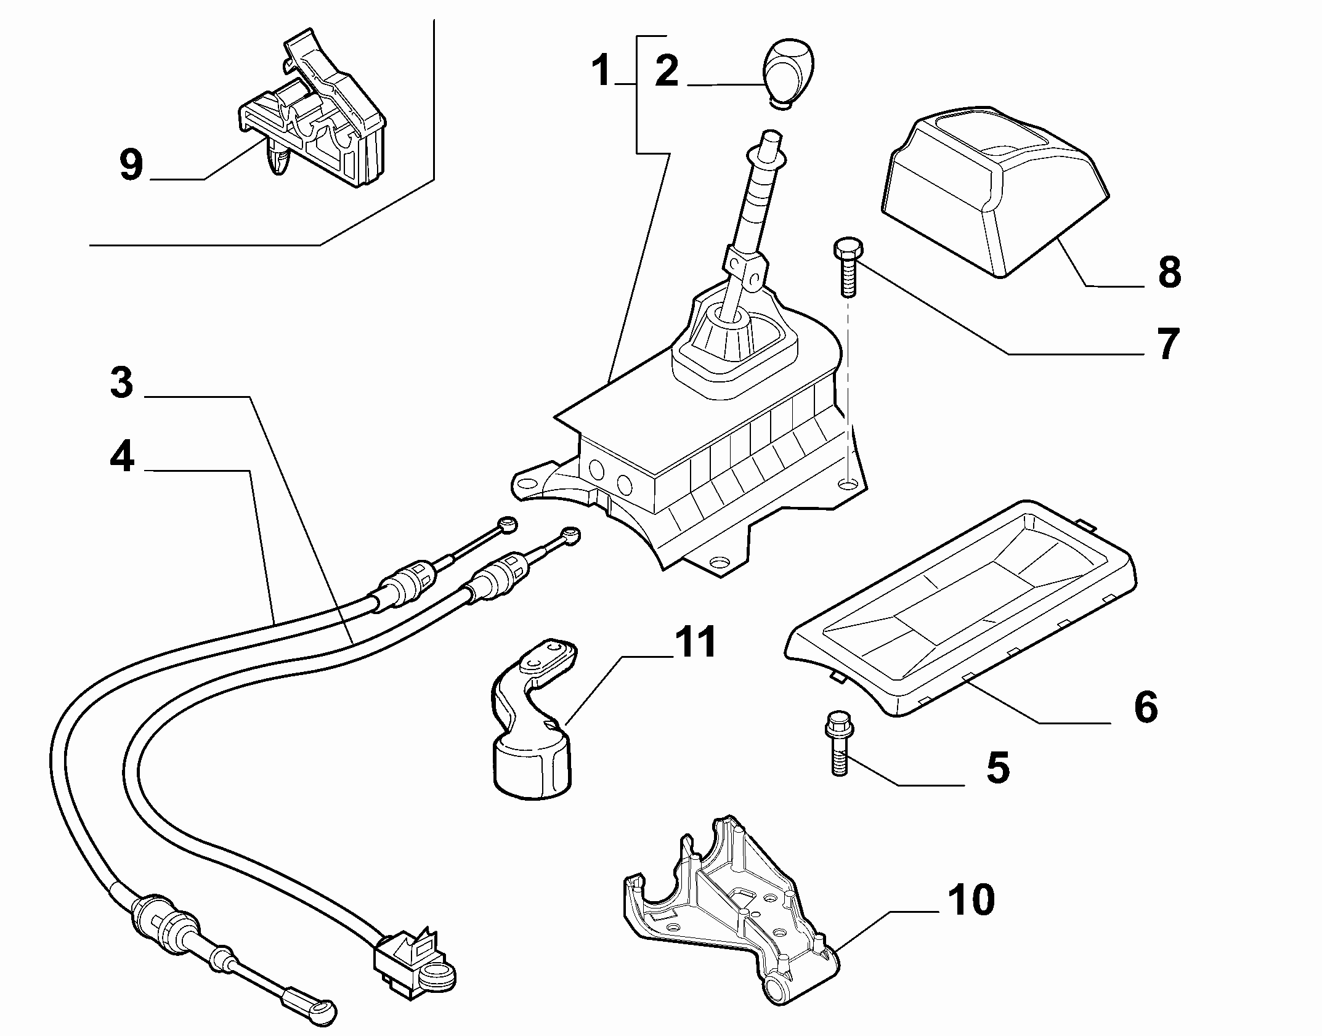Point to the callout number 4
[122, 458]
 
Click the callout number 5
[998, 767]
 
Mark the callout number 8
[1169, 272]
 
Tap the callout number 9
[132, 164]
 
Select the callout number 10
[971, 900]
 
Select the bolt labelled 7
[848, 269]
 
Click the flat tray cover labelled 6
[961, 606]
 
